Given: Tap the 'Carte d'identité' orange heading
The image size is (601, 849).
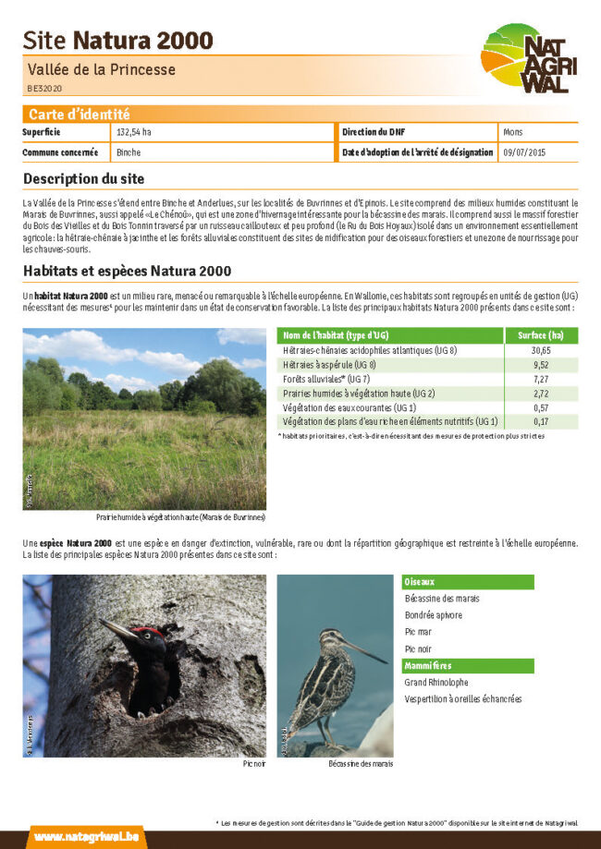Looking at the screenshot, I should click(x=79, y=115).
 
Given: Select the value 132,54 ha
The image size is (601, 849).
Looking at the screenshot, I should click(x=134, y=132).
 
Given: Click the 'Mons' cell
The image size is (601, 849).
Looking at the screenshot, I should click(x=513, y=132).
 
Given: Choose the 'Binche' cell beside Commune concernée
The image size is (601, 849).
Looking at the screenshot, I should click(x=129, y=152).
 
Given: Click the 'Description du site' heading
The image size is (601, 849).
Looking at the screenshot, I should click(x=83, y=178).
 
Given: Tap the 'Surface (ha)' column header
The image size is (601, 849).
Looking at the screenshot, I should click(x=541, y=335).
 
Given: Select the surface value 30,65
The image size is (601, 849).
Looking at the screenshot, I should click(x=541, y=351).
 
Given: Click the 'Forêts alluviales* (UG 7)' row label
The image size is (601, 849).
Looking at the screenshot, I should click(x=325, y=379).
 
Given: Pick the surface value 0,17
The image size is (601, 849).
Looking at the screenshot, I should click(x=541, y=421).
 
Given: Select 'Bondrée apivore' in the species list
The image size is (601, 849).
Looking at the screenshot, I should click(x=434, y=615).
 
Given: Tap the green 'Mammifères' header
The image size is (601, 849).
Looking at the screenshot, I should click(x=428, y=665).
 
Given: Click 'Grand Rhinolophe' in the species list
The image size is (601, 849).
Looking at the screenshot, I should click(x=436, y=683).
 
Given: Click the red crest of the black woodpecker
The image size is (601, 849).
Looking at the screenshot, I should click(x=149, y=634).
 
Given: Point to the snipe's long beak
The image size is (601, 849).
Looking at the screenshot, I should click(x=365, y=649).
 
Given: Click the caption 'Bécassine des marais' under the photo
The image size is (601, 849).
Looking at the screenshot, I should click(x=361, y=764).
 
